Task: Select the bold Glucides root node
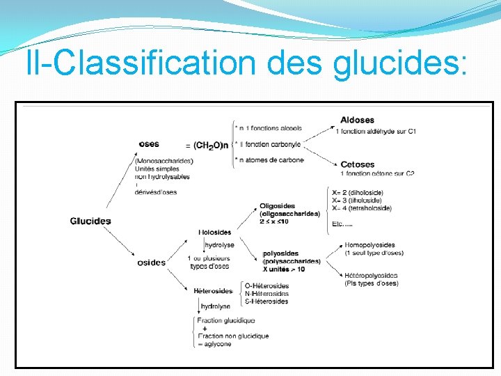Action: pos(90,221)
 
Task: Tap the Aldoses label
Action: pos(357,120)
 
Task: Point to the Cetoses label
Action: pos(357,164)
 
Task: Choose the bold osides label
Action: pos(151,263)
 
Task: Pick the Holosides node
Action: pos(215,232)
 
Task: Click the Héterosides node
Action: pos(213,291)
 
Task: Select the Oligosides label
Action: pos(277,206)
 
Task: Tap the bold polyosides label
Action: pos(280,253)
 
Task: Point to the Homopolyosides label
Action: pos(369,245)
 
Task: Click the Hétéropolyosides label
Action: pos(371,276)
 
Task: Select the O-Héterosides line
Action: pos(267,286)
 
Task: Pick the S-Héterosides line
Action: pos(267,301)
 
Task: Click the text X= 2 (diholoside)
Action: pos(358,192)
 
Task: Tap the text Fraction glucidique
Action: pos(226,320)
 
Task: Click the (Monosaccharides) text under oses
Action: pos(165,161)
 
